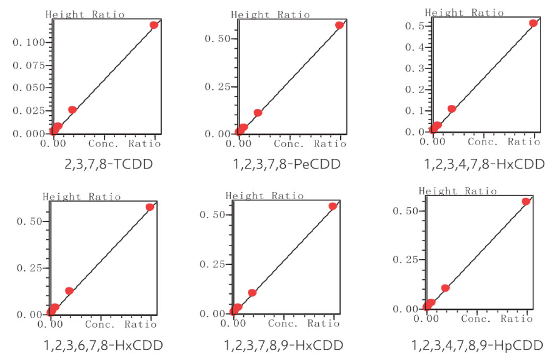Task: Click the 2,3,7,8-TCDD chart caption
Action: coord(108,164)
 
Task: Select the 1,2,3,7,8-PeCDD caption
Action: coord(286,164)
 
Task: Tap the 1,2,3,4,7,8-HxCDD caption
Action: coord(484,164)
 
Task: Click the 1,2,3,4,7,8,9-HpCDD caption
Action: coord(477,345)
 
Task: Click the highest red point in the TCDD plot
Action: coord(154,25)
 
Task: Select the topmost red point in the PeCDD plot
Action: coord(339,25)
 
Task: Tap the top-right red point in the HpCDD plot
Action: coord(526,202)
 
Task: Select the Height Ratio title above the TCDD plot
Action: coord(85,14)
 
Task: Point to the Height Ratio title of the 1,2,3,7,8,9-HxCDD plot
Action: coord(264,196)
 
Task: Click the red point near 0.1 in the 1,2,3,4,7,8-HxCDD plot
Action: coord(452,108)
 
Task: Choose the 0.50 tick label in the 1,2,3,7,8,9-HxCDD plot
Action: coord(211,215)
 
